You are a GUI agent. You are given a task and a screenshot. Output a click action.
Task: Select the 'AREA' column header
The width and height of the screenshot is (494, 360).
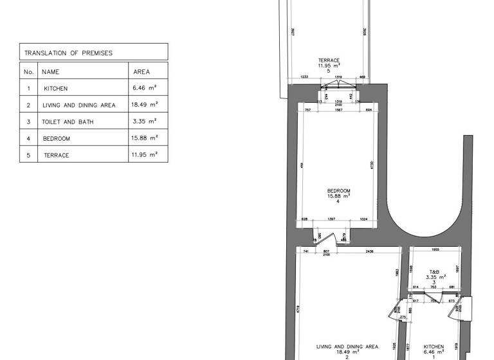pos(142,72)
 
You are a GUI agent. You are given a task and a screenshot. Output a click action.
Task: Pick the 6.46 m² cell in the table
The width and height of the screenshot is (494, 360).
pos(145,88)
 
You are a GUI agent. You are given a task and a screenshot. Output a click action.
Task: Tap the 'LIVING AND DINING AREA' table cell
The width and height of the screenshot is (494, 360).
pos(78,105)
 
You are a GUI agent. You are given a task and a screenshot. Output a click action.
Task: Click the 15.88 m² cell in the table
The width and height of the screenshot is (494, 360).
pos(145,138)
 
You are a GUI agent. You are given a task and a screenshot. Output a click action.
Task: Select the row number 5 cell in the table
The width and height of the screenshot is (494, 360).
pos(28,155)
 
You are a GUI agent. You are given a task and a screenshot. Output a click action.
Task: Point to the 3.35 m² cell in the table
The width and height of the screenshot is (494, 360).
pos(145,122)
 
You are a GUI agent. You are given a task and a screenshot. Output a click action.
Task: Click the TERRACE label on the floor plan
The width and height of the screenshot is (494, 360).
pos(329,60)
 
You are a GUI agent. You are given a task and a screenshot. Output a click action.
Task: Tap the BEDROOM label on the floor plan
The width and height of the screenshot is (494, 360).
pos(338,191)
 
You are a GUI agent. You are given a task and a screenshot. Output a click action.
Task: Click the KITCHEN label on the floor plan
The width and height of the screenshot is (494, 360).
pos(434,347)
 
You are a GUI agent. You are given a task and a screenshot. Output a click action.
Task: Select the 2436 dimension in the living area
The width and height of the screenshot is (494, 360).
pos(369,251)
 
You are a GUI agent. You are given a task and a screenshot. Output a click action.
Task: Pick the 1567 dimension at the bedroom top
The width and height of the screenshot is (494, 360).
pos(338,110)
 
